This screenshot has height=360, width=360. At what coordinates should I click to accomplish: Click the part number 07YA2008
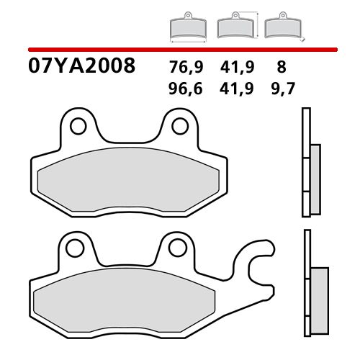tap(81, 67)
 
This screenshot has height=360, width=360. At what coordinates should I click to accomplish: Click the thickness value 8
tap(281, 68)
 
